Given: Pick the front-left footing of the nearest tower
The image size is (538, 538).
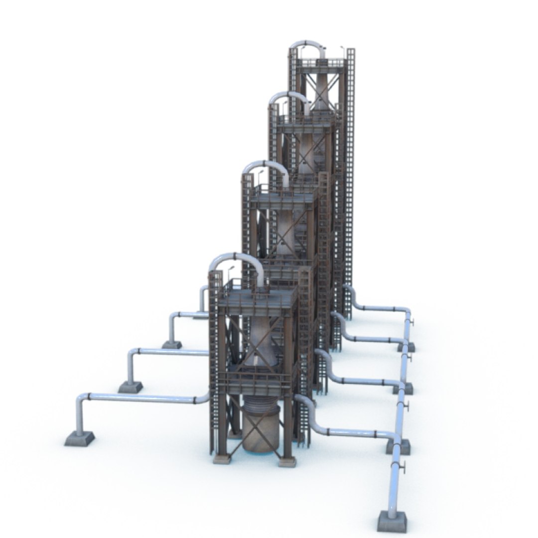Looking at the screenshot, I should [x=222, y=458].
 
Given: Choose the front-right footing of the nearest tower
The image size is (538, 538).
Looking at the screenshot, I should [x=287, y=461].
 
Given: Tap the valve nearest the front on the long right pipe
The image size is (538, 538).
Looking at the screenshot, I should [x=404, y=467].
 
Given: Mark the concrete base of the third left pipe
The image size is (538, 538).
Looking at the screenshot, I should [x=172, y=344].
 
